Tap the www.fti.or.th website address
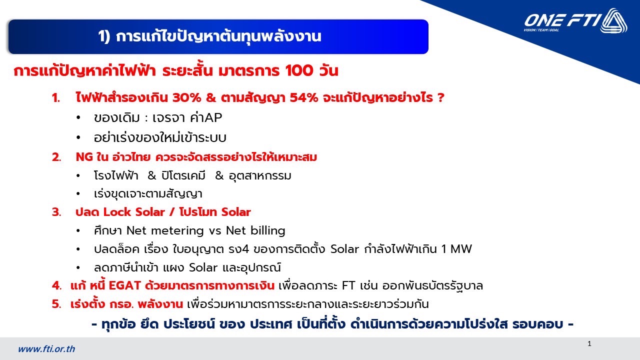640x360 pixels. [46, 349]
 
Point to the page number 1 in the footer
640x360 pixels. [589, 343]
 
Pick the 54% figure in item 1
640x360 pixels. [303, 97]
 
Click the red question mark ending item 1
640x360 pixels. [440, 97]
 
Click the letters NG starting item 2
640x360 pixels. [84, 157]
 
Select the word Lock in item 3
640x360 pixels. [117, 212]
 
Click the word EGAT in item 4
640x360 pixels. [125, 285]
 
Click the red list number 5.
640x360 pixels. [56, 304]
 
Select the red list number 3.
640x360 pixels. [56, 212]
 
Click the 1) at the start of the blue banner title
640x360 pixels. [104, 36]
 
